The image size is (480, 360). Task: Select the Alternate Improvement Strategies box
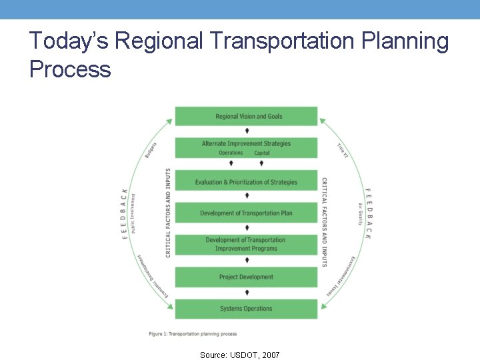click(246, 144)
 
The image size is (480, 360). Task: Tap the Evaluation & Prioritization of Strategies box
click(246, 182)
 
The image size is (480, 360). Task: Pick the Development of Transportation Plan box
click(246, 213)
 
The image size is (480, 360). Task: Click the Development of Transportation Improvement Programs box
click(246, 244)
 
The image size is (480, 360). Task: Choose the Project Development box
click(246, 277)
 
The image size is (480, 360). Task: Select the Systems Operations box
click(246, 309)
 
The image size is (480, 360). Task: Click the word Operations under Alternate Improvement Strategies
click(231, 153)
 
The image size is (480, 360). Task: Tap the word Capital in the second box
click(261, 153)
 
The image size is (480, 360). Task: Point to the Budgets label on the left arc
click(151, 150)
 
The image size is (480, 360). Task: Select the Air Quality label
click(360, 214)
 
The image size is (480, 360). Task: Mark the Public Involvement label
click(133, 213)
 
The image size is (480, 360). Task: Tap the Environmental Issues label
click(341, 276)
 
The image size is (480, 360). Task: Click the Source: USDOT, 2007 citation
click(240, 355)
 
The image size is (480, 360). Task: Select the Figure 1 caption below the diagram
click(193, 333)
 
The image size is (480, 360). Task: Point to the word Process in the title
click(70, 68)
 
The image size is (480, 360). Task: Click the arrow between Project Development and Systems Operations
click(247, 292)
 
